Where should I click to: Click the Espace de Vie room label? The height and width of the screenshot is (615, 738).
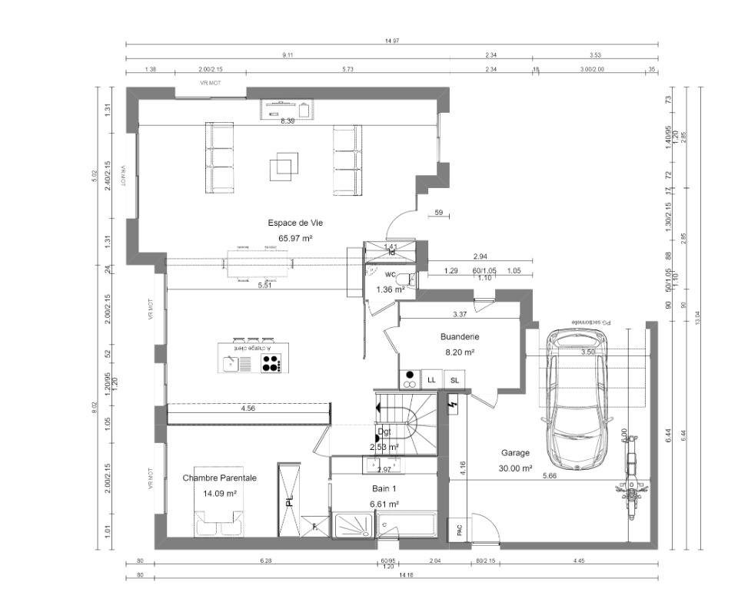[x=295, y=223]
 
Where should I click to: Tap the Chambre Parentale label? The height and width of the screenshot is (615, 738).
[x=219, y=478]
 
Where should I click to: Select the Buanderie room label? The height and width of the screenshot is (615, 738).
[x=460, y=336]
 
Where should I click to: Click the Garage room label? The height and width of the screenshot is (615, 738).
[x=515, y=453]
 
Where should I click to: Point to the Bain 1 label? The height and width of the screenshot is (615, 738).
[x=384, y=488]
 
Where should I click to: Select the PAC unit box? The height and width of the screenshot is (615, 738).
[x=458, y=529]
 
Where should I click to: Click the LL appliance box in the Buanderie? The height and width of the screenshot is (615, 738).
[x=431, y=379]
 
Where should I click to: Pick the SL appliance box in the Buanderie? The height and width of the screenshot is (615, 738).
[x=454, y=379]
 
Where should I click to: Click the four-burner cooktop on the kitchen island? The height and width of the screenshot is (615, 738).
[x=271, y=364]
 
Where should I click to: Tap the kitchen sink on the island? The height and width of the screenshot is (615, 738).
[x=232, y=364]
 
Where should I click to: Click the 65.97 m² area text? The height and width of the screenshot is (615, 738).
[x=295, y=239]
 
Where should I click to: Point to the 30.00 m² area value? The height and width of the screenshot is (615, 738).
[x=515, y=468]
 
